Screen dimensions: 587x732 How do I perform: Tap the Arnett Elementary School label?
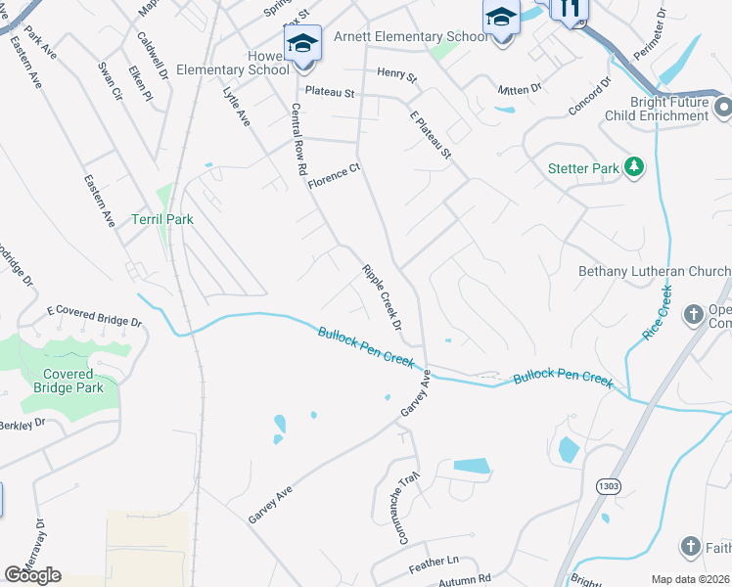point(410,37)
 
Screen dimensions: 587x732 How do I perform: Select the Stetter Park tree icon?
point(634,167)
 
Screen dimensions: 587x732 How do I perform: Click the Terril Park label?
point(162,219)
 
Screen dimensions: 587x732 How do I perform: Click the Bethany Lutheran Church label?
point(655,271)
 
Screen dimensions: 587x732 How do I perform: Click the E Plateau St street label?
point(430,134)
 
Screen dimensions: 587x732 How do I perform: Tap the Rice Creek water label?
point(661,312)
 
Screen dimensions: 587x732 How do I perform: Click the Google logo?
point(32,574)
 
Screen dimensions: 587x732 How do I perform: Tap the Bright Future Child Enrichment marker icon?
point(723,106)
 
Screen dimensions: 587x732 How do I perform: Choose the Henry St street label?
point(396,74)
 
